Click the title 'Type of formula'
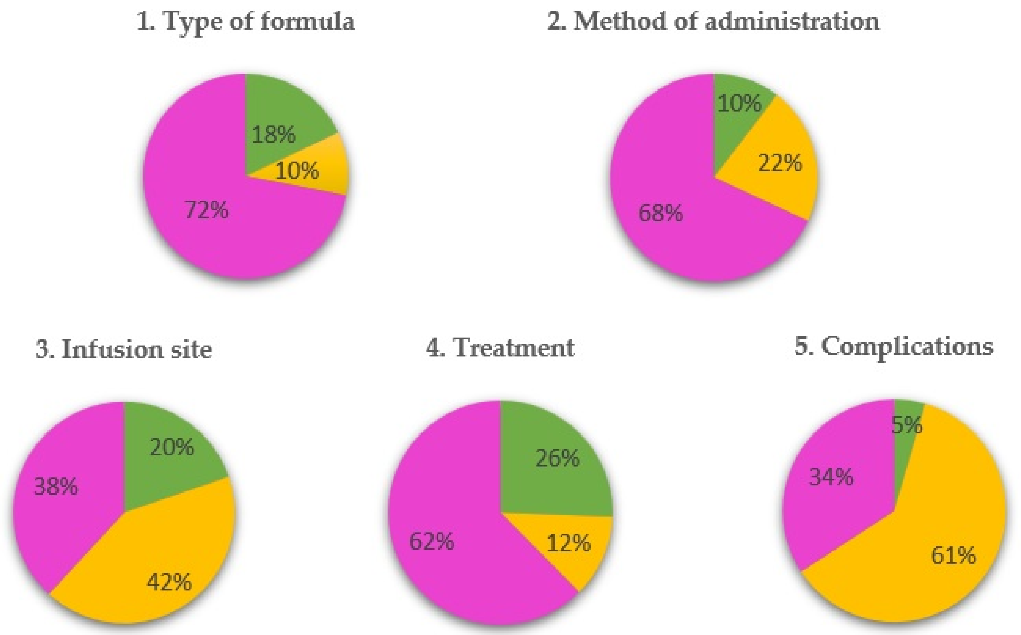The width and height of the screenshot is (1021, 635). tap(245, 21)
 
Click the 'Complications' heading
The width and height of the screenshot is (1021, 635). tap(894, 347)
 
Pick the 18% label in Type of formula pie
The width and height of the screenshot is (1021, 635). tap(274, 135)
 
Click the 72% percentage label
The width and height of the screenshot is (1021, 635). tap(207, 210)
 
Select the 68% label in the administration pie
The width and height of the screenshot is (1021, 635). tap(661, 212)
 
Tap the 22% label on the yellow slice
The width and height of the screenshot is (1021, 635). tap(779, 163)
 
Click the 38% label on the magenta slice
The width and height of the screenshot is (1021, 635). tap(56, 486)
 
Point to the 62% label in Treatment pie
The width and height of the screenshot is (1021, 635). tap(432, 541)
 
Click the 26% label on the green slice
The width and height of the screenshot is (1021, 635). tap(557, 458)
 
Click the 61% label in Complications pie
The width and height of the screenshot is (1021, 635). tap(953, 556)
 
